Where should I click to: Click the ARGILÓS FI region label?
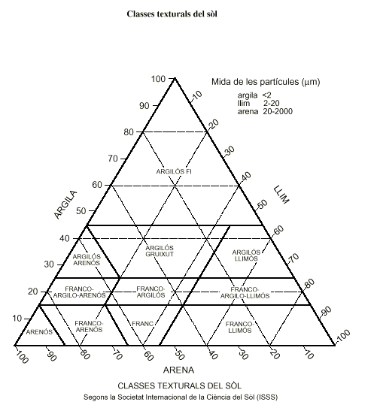click(x=174, y=171)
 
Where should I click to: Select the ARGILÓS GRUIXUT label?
click(x=160, y=251)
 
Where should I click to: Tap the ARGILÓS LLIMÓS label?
click(x=246, y=255)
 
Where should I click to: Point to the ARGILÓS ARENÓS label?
click(x=87, y=260)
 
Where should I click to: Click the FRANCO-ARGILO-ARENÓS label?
click(x=79, y=292)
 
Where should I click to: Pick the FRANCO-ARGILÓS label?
click(x=150, y=292)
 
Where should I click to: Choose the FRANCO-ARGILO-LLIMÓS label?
click(x=245, y=293)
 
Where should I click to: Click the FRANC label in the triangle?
click(x=142, y=324)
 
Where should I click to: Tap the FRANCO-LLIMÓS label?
click(x=239, y=327)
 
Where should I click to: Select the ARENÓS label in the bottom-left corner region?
click(x=39, y=332)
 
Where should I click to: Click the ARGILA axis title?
click(x=65, y=205)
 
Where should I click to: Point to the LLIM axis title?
click(x=281, y=195)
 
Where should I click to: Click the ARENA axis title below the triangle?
click(x=179, y=370)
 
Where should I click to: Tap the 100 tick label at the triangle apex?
click(x=159, y=79)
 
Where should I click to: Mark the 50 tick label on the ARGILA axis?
click(x=81, y=211)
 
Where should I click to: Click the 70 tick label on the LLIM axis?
click(x=294, y=258)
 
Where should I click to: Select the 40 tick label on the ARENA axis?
click(x=213, y=355)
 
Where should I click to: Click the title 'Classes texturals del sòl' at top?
click(x=172, y=14)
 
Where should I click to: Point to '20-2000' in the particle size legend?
click(x=278, y=111)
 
